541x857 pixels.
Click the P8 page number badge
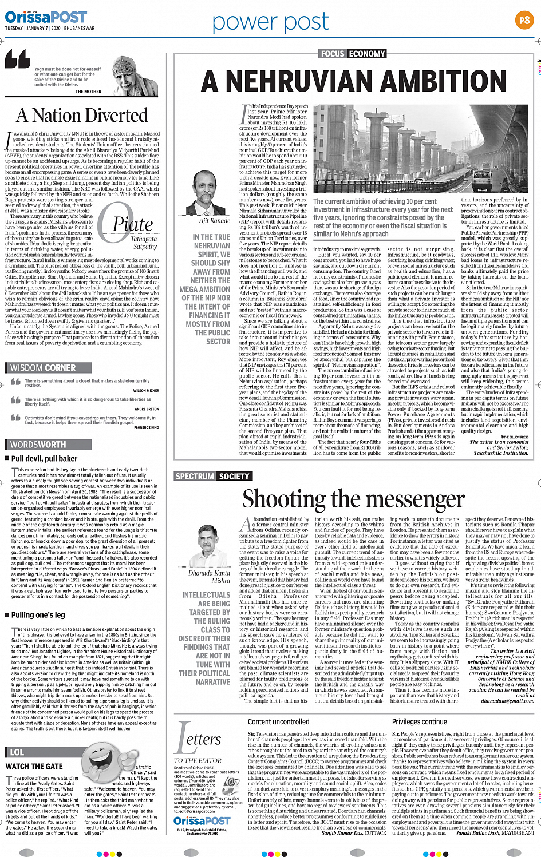pyautogui.click(x=523, y=21)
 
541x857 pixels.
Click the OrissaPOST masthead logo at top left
pyautogui.click(x=46, y=17)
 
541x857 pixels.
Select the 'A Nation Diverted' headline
pyautogui.click(x=82, y=116)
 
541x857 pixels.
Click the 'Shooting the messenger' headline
pyautogui.click(x=353, y=499)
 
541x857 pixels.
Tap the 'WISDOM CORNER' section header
pyautogui.click(x=43, y=368)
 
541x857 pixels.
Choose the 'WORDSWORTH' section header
pyautogui.click(x=38, y=444)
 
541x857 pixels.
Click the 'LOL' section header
pyautogui.click(x=17, y=752)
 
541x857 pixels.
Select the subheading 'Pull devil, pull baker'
pyautogui.click(x=44, y=458)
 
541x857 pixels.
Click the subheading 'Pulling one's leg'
pyautogui.click(x=38, y=615)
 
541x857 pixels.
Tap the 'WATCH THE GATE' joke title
pyautogui.click(x=34, y=766)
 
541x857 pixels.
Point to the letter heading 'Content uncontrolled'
pyautogui.click(x=278, y=722)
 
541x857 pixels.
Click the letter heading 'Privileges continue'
pyautogui.click(x=420, y=722)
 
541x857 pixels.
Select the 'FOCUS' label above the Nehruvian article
pyautogui.click(x=333, y=54)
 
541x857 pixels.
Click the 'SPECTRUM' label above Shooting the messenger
pyautogui.click(x=195, y=476)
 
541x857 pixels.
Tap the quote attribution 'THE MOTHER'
pyautogui.click(x=88, y=92)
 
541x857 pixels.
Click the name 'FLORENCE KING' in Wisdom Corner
pyautogui.click(x=147, y=427)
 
